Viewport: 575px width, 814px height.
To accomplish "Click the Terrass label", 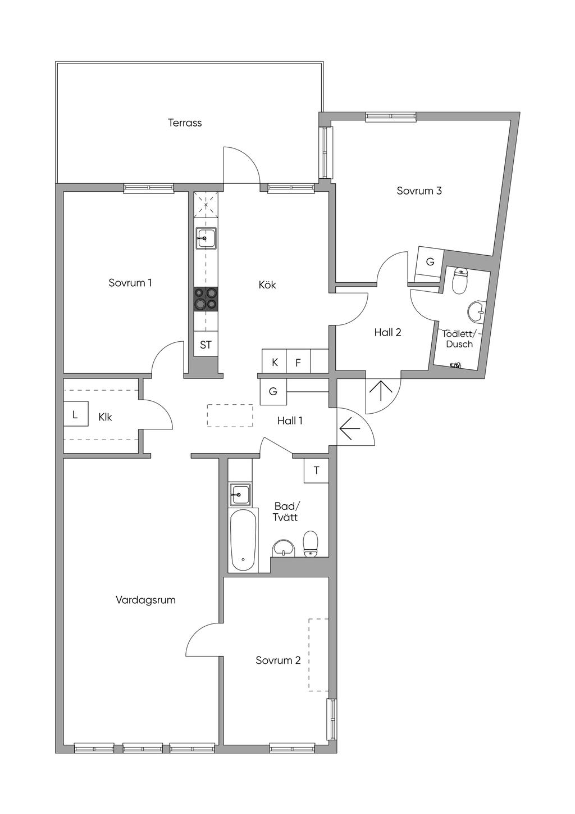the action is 185,123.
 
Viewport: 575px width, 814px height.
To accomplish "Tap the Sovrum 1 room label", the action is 130,283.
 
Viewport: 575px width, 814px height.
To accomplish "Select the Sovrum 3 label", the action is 419,191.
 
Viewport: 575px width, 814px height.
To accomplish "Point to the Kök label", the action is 267,285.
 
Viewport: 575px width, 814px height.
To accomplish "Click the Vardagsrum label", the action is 145,600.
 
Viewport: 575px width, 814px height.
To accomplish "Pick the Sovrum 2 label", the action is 278,660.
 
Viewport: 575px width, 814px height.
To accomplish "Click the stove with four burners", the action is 206,299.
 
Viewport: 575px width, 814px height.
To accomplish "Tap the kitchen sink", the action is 206,238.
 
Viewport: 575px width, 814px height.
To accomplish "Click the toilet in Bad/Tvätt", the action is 311,544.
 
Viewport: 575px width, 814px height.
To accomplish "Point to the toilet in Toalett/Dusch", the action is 460,281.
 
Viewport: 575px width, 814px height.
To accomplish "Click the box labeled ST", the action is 206,345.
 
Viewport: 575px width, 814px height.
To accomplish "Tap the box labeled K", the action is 275,363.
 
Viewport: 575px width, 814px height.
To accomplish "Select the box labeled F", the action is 298,363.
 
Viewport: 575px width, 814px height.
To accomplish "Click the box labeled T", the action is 317,471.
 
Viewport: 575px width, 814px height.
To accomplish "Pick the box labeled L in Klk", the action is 75,416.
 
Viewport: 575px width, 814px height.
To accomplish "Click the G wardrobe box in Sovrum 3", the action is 430,262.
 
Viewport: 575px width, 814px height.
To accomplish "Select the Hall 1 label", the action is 290,420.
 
